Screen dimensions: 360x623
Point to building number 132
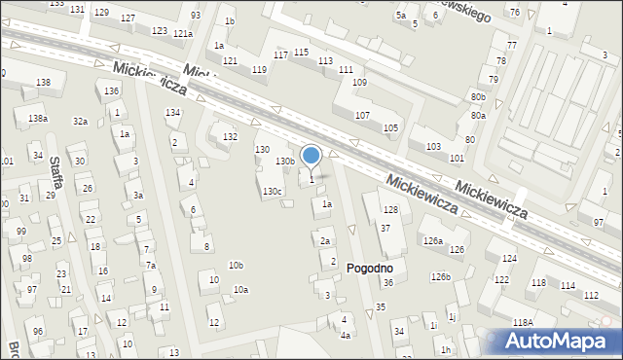click(x=230, y=137)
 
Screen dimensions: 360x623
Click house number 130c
click(x=272, y=191)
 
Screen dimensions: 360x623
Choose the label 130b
click(x=284, y=161)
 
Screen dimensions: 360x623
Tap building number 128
click(x=390, y=210)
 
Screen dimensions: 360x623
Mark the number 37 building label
click(x=385, y=228)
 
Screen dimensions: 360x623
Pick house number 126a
click(x=432, y=240)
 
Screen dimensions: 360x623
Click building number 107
click(x=362, y=116)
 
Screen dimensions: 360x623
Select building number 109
click(x=359, y=83)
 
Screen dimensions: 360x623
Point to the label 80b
click(x=477, y=97)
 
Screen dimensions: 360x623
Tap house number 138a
click(x=37, y=119)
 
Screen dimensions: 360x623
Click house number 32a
click(x=80, y=122)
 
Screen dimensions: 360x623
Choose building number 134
click(x=172, y=113)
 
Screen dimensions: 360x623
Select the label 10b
click(x=236, y=265)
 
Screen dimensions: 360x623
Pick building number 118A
click(x=524, y=322)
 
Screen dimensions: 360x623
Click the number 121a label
click(x=183, y=33)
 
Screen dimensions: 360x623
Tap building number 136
click(x=112, y=90)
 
